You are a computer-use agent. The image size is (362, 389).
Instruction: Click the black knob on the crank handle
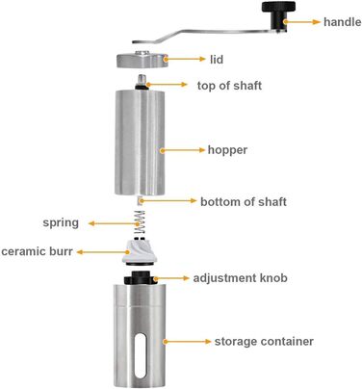point(278,15)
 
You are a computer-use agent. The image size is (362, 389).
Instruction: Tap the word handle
point(342,22)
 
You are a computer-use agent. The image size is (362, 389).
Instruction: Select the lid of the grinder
point(142,60)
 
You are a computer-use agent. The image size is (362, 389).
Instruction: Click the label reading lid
point(217,60)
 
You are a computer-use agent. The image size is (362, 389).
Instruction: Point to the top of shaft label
point(229,86)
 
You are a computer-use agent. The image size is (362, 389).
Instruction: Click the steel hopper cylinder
point(140,143)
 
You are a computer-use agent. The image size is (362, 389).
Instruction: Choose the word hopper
point(227,150)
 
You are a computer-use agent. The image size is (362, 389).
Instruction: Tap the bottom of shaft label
point(244,201)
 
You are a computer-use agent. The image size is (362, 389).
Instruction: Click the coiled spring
point(140,222)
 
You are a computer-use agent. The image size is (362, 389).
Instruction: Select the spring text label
point(61,222)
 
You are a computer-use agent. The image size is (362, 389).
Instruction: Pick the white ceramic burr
point(139,252)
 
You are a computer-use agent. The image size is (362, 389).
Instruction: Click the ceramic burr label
point(37,251)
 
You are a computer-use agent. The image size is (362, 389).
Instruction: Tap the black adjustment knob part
point(141,277)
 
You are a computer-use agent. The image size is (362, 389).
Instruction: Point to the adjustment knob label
point(240,278)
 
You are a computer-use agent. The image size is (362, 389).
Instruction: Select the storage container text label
point(264,341)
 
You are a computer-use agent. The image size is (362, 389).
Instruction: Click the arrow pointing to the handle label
point(302,22)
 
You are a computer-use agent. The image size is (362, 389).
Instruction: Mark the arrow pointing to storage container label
point(187,342)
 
